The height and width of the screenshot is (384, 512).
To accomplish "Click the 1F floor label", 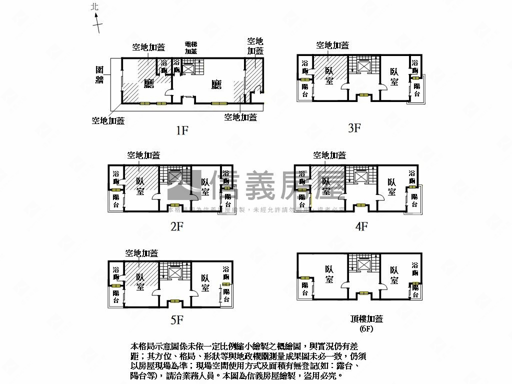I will [x=181, y=131].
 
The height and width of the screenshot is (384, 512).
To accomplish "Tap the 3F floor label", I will [x=354, y=128].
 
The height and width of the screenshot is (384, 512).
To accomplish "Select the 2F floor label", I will [x=177, y=226].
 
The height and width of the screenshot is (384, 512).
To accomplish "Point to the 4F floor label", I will [x=361, y=226].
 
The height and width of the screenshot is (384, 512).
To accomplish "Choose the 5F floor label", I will [x=176, y=320].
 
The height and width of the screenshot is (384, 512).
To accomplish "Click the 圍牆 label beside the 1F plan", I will [x=100, y=75].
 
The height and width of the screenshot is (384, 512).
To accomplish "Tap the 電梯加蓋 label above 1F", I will [x=191, y=47].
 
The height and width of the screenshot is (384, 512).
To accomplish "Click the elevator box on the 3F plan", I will [x=363, y=65].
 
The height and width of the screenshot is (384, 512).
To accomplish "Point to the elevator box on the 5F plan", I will [x=175, y=273].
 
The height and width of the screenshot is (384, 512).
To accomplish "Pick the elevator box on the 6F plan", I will [x=363, y=265].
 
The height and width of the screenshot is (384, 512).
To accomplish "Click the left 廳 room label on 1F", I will [x=148, y=83].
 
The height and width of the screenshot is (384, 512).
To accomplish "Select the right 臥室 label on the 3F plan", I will [x=395, y=76].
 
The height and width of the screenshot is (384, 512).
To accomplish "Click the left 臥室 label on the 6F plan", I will [x=329, y=274].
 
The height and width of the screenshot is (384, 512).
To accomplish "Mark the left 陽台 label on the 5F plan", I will [x=116, y=296].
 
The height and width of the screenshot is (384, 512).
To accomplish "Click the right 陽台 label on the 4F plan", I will [x=414, y=201].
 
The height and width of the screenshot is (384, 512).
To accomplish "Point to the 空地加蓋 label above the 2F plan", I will [x=143, y=155].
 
